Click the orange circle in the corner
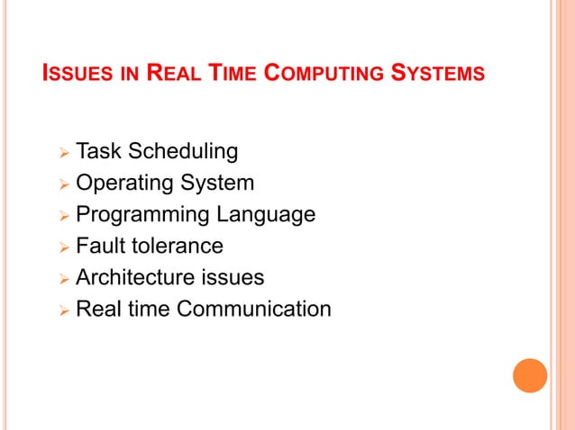coord(530,375)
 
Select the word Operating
coord(125,184)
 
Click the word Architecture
coord(138,277)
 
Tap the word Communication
coord(254,309)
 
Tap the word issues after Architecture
coord(235,277)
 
